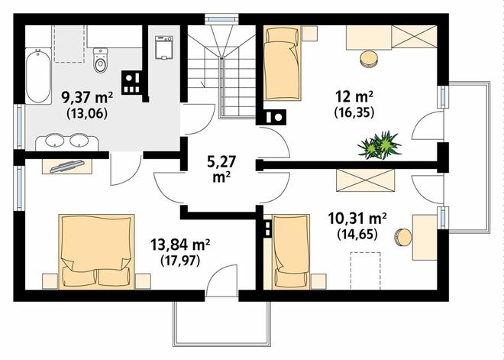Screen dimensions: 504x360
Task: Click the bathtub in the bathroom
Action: pyautogui.click(x=38, y=76)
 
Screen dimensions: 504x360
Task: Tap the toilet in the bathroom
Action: pyautogui.click(x=101, y=60)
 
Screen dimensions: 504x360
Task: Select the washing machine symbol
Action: pyautogui.click(x=164, y=47)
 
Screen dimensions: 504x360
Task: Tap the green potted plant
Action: pyautogui.click(x=380, y=144)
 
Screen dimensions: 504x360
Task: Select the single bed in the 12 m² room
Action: pyautogui.click(x=283, y=63)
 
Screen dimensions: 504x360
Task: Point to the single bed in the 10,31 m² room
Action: pyautogui.click(x=291, y=251)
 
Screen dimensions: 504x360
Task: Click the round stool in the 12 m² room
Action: pyautogui.click(x=369, y=60)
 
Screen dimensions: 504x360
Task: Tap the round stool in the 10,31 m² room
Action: pyautogui.click(x=403, y=238)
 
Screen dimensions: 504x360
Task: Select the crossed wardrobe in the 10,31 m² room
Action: pyautogui.click(x=366, y=180)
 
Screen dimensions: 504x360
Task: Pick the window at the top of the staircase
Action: pyautogui.click(x=221, y=19)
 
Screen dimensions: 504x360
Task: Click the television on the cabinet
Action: pyautogui.click(x=67, y=166)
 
